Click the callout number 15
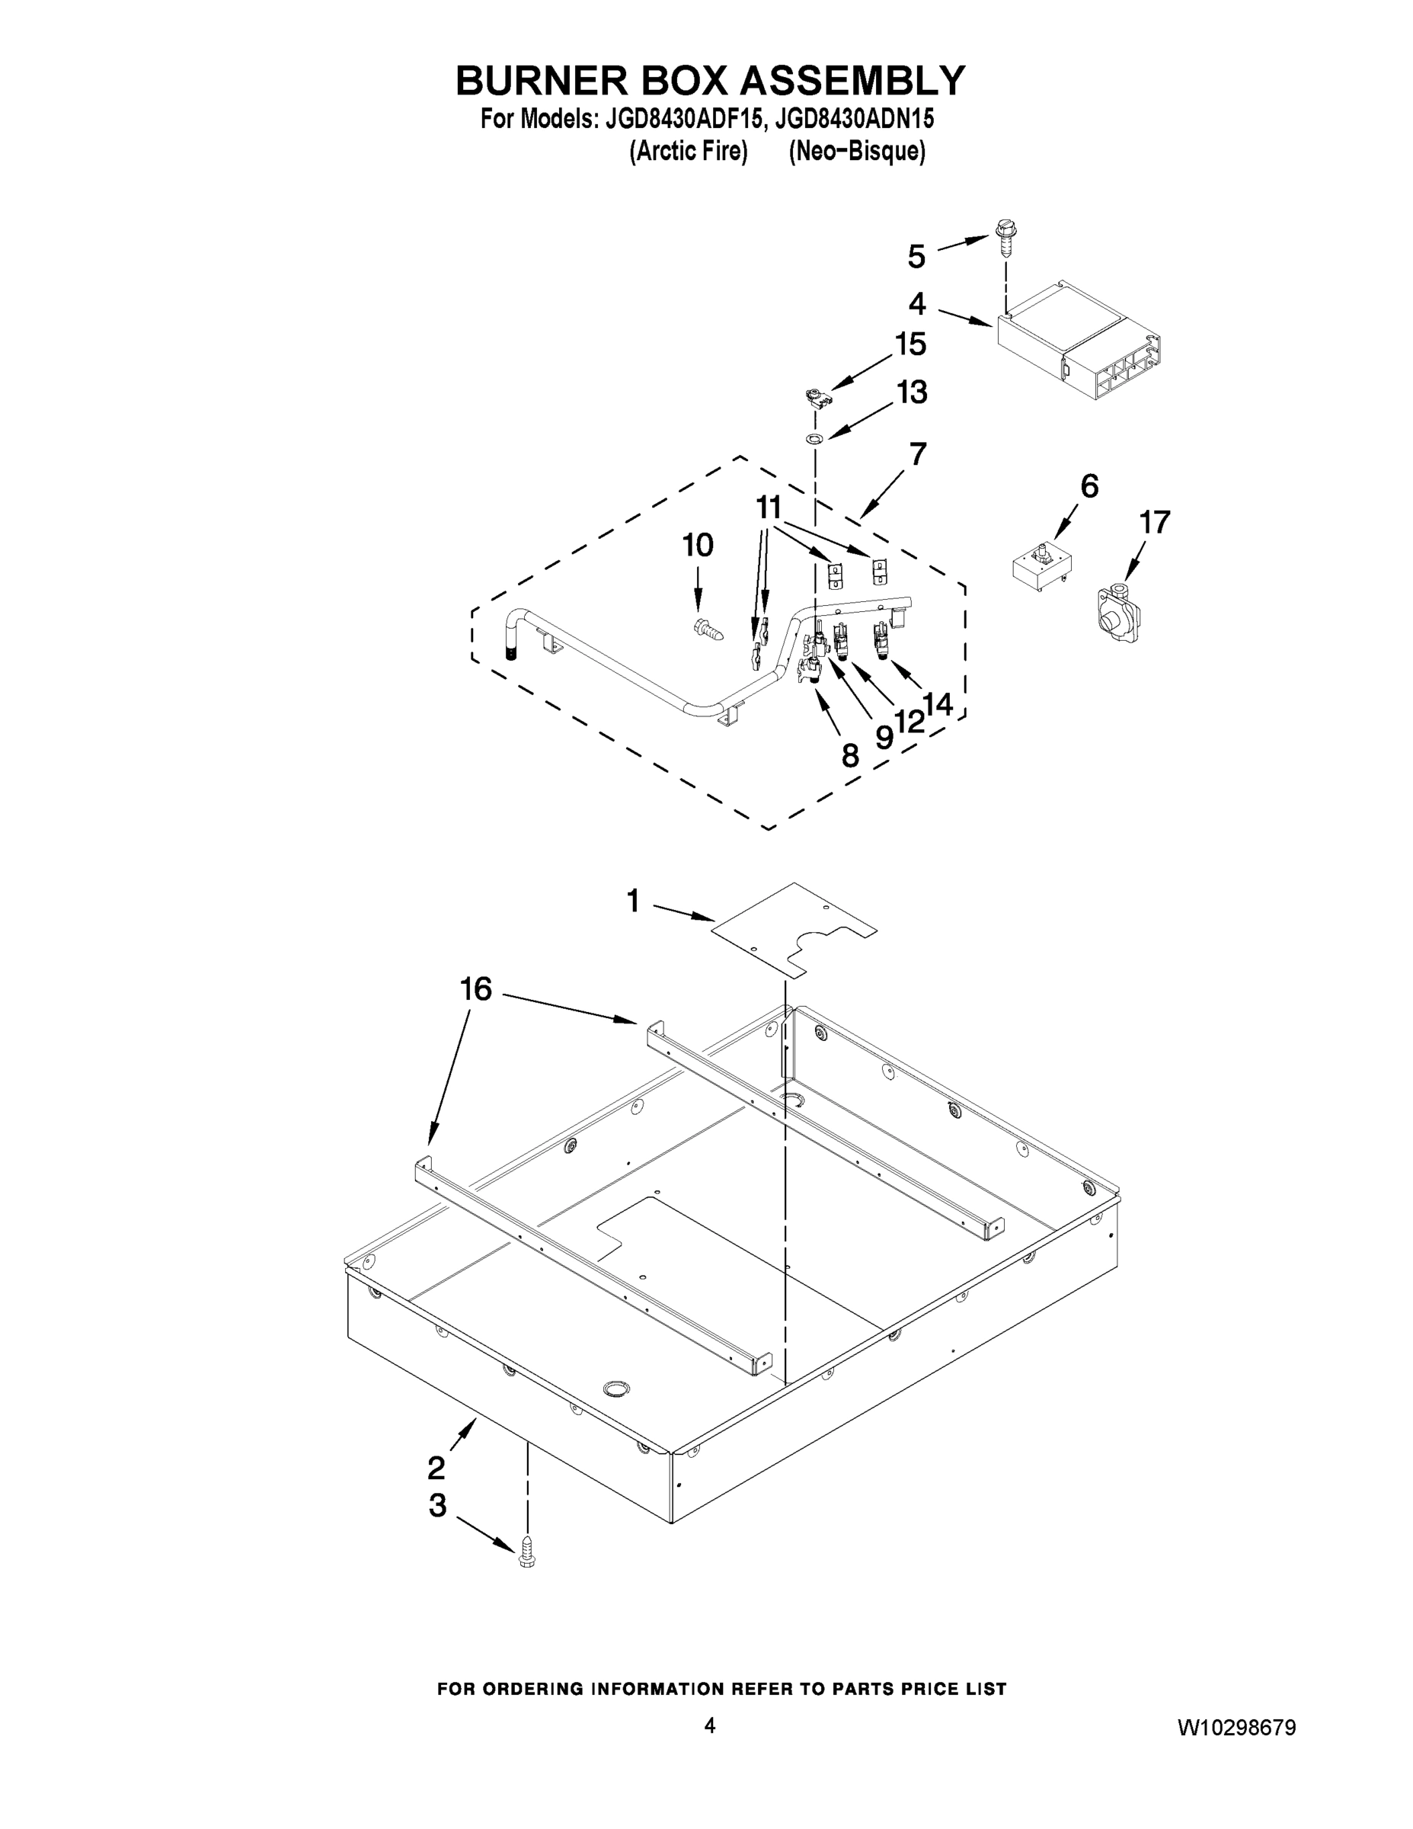(x=911, y=344)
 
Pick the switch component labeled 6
(x=1042, y=569)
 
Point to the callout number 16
(x=476, y=990)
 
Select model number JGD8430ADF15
(x=680, y=120)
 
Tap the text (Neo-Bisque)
(x=856, y=152)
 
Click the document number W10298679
(x=1236, y=1728)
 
